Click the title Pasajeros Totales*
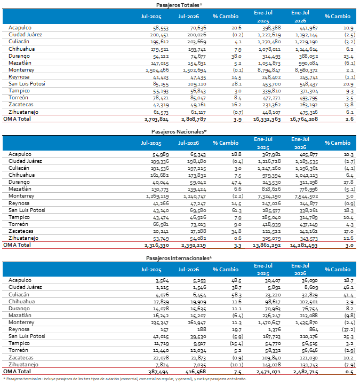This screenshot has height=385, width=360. coord(179,5)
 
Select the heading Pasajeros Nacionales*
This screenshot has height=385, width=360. coord(179,131)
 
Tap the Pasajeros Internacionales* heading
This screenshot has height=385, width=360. coord(179,258)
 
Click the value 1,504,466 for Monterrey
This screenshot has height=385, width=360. coord(157,70)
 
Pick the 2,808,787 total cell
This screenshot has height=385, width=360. coord(194,119)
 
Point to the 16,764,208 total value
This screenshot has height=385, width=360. coord(304,119)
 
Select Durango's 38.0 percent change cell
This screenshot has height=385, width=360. coord(236,56)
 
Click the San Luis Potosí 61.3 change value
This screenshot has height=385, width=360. coord(236,210)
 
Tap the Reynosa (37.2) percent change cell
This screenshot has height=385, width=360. coord(348,329)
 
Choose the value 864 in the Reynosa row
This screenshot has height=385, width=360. coord(314,329)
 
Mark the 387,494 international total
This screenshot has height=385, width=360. coord(158,372)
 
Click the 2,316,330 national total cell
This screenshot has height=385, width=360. coord(157,245)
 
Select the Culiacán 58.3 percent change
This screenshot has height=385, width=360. coord(236,295)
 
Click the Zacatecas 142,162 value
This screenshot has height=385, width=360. coord(309,231)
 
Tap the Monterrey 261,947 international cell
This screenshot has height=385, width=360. coord(197,323)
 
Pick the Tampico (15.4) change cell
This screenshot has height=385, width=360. coord(236,343)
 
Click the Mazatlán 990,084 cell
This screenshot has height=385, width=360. coord(309,64)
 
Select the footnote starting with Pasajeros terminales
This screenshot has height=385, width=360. coord(125,379)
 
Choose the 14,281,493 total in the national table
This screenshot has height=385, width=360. coord(304,245)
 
